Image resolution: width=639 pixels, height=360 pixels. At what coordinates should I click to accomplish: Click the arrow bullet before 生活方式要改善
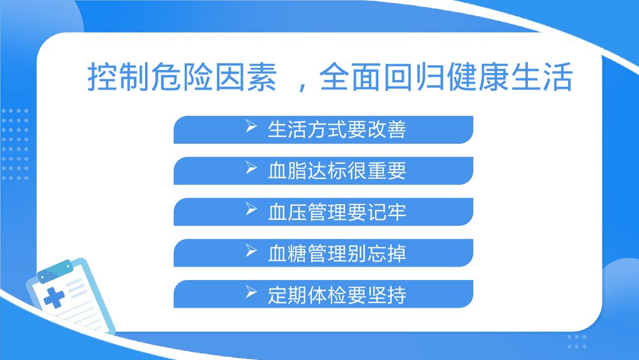click(x=250, y=129)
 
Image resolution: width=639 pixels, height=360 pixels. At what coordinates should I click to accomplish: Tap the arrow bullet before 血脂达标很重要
click(x=250, y=169)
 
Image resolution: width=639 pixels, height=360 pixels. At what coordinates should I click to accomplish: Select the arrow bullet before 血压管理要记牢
click(x=250, y=210)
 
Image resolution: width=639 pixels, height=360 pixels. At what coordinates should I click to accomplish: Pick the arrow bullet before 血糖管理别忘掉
click(x=250, y=252)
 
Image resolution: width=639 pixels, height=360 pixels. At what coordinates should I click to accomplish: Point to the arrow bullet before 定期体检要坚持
click(x=250, y=293)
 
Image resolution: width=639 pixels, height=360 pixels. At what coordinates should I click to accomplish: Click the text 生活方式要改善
click(x=337, y=130)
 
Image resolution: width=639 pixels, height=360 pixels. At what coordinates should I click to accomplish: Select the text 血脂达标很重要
click(x=337, y=171)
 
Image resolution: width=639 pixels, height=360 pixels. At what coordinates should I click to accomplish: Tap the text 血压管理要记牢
click(x=337, y=212)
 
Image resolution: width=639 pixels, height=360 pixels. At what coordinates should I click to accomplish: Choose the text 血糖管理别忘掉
click(x=337, y=253)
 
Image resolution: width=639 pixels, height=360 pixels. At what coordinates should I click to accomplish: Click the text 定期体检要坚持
click(x=337, y=294)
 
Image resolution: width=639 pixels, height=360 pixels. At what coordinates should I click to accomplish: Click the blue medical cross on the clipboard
click(x=54, y=297)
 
